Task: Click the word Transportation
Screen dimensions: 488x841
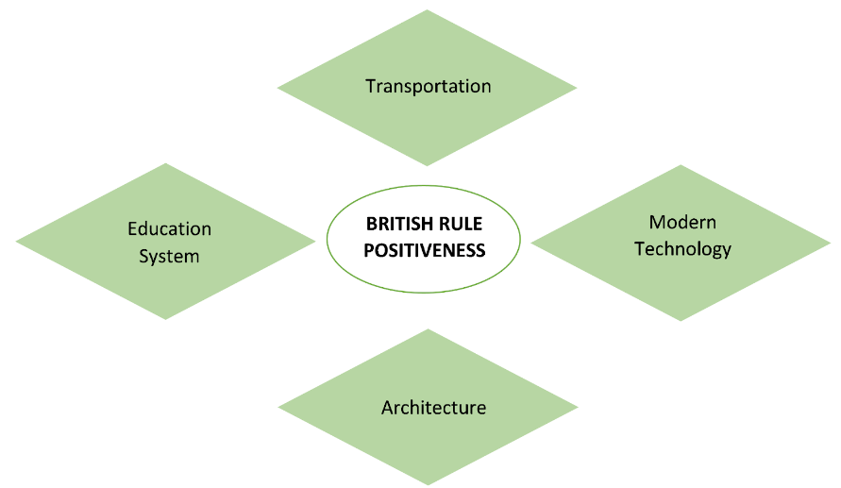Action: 429,86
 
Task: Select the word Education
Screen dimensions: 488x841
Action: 170,228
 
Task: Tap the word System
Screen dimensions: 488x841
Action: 170,256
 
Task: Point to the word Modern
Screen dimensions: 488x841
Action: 682,223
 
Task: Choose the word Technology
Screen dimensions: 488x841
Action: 682,249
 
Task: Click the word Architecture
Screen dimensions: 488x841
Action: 433,408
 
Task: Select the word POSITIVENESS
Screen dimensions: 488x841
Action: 426,250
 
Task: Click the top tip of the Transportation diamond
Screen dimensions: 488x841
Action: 428,10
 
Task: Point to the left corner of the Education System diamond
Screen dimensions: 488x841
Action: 16,242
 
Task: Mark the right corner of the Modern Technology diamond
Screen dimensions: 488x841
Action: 831,243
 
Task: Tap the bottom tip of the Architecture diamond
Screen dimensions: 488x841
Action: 429,485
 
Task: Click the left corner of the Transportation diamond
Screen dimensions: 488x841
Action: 278,89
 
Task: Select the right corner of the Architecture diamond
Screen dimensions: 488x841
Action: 578,408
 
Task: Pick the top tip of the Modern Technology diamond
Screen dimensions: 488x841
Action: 681,165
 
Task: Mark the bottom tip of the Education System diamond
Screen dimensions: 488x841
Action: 166,319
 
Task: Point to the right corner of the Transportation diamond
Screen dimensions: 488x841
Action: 577,89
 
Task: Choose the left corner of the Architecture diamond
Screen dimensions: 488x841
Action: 278,408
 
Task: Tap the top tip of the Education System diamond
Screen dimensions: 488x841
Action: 166,163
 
